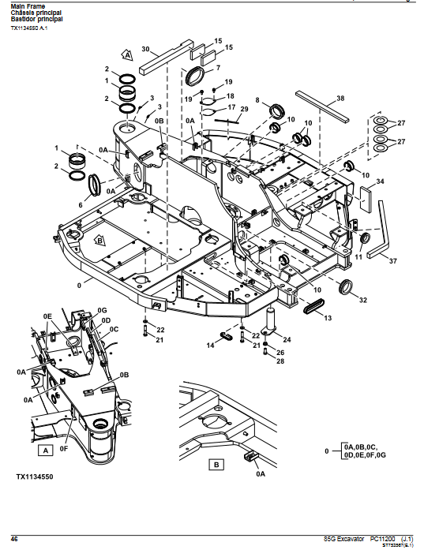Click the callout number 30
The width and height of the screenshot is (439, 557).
coord(145,49)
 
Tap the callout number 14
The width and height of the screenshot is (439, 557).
coord(211,345)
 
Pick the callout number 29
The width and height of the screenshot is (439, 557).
coord(245,109)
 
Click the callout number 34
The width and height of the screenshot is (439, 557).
coord(380,182)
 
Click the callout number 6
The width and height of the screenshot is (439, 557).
coord(81,204)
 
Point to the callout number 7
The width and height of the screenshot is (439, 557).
coord(218,68)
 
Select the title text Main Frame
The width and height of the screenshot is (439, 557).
coord(28,6)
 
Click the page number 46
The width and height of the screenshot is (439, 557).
coord(14,538)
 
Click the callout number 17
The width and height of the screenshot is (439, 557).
coord(231,107)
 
